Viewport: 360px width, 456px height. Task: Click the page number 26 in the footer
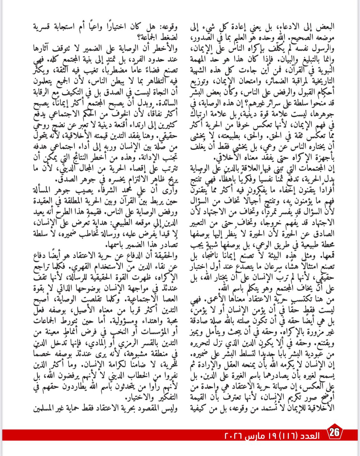coord(334,433)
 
